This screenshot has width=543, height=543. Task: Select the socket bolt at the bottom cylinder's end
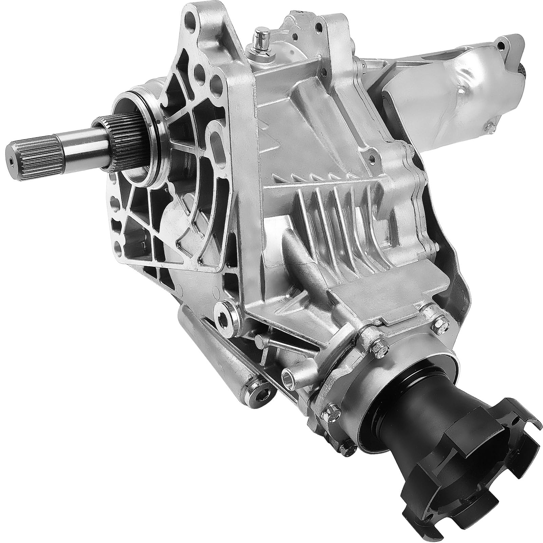click(x=261, y=390)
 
